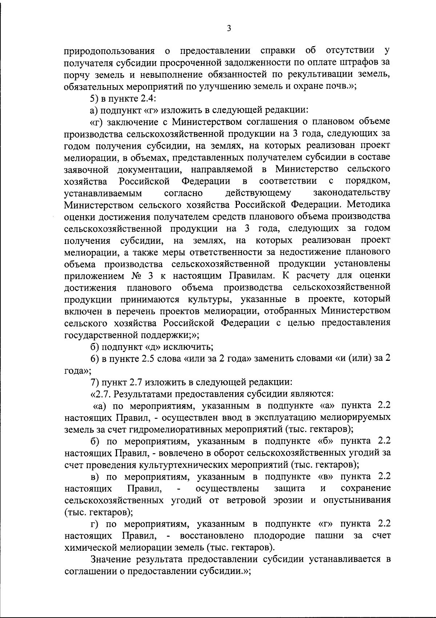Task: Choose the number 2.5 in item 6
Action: coord(148,359)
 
